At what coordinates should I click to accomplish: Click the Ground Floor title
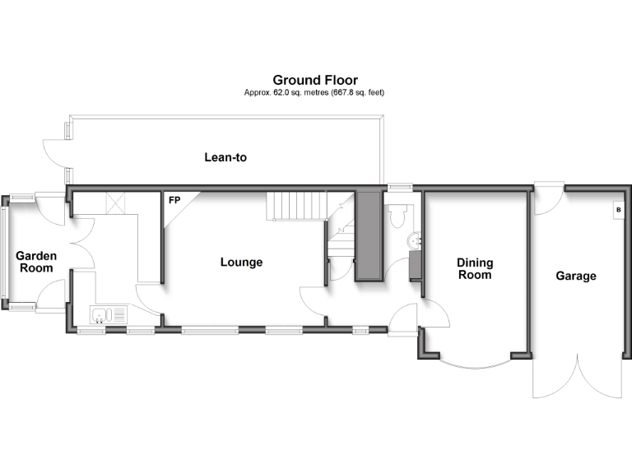(x=315, y=80)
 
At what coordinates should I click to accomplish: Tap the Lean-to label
(x=225, y=156)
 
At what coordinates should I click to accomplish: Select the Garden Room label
(x=36, y=262)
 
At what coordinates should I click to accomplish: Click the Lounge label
(x=241, y=263)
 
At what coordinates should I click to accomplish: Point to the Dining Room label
(x=475, y=268)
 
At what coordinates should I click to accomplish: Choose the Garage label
(x=575, y=276)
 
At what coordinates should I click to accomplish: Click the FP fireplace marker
(x=174, y=200)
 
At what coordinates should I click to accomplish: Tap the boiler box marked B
(x=617, y=211)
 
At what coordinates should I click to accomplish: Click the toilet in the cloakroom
(x=396, y=216)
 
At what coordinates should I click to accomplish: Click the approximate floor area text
(x=314, y=93)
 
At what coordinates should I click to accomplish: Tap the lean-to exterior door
(x=53, y=155)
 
